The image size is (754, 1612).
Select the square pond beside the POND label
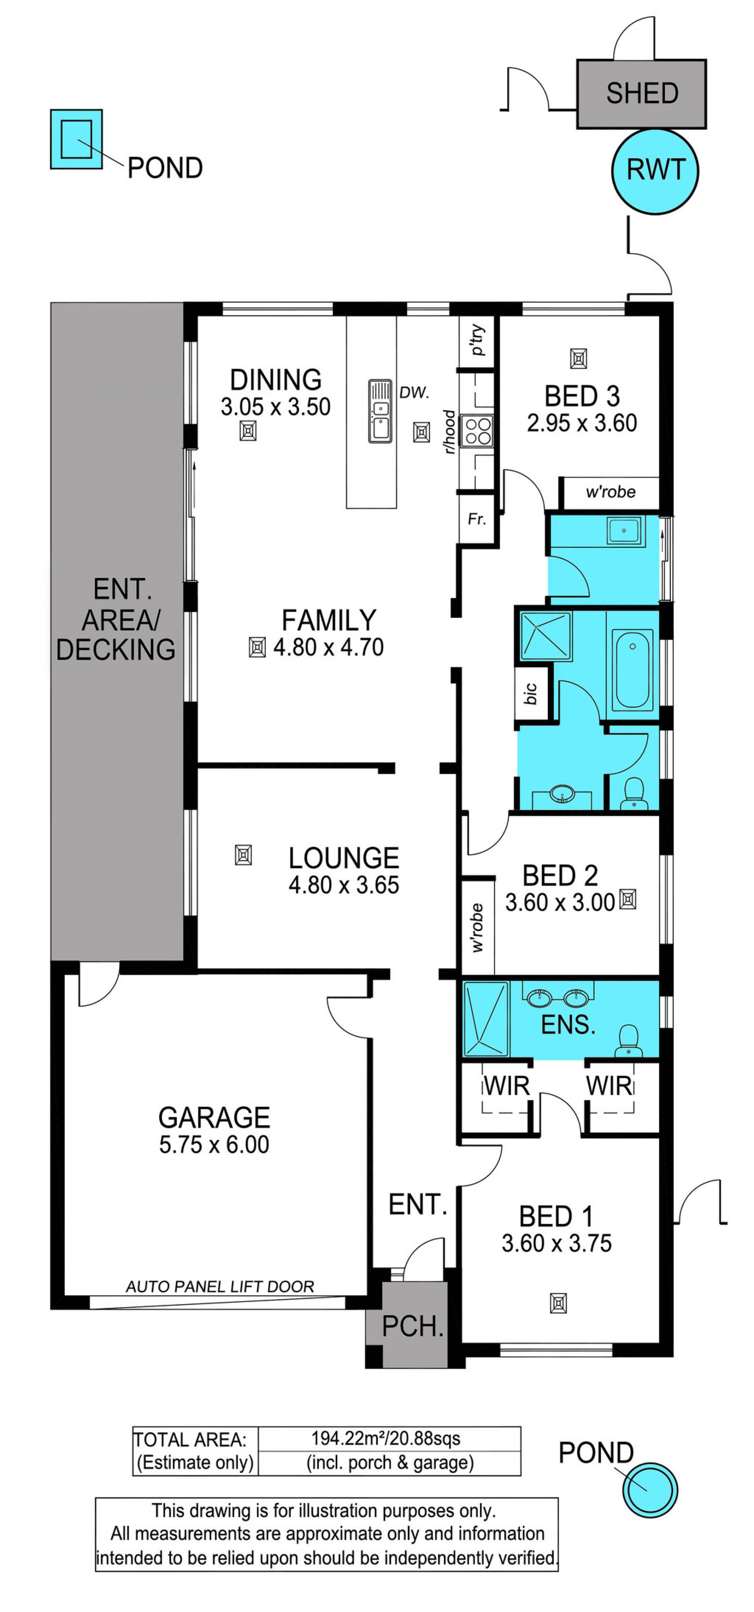76,139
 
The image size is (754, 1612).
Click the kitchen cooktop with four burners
476,430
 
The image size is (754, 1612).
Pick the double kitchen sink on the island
379,411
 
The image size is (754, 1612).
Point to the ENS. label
567,1024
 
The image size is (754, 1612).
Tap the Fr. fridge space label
476,519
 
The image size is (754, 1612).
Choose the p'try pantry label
478,340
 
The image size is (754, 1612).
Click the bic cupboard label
530,693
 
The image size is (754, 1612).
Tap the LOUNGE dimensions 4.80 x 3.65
344,885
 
